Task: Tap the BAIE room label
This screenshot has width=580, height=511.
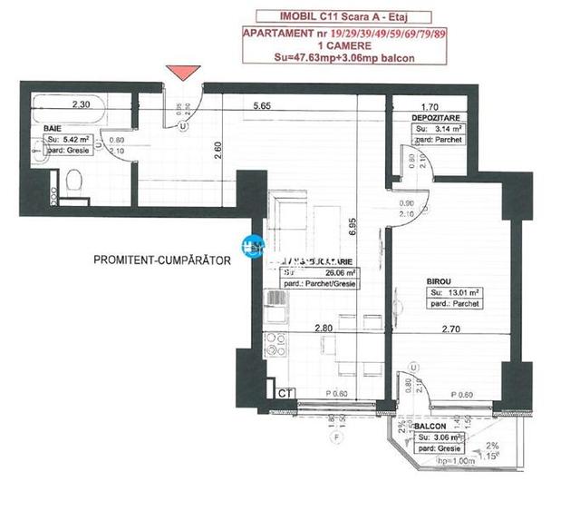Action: pyautogui.click(x=53, y=130)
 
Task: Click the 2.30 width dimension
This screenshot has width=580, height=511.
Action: pyautogui.click(x=82, y=104)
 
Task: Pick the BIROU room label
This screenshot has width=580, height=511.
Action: pyautogui.click(x=439, y=282)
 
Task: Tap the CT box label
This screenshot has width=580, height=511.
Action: pyautogui.click(x=284, y=393)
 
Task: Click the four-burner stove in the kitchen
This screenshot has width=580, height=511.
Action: pyautogui.click(x=274, y=346)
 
